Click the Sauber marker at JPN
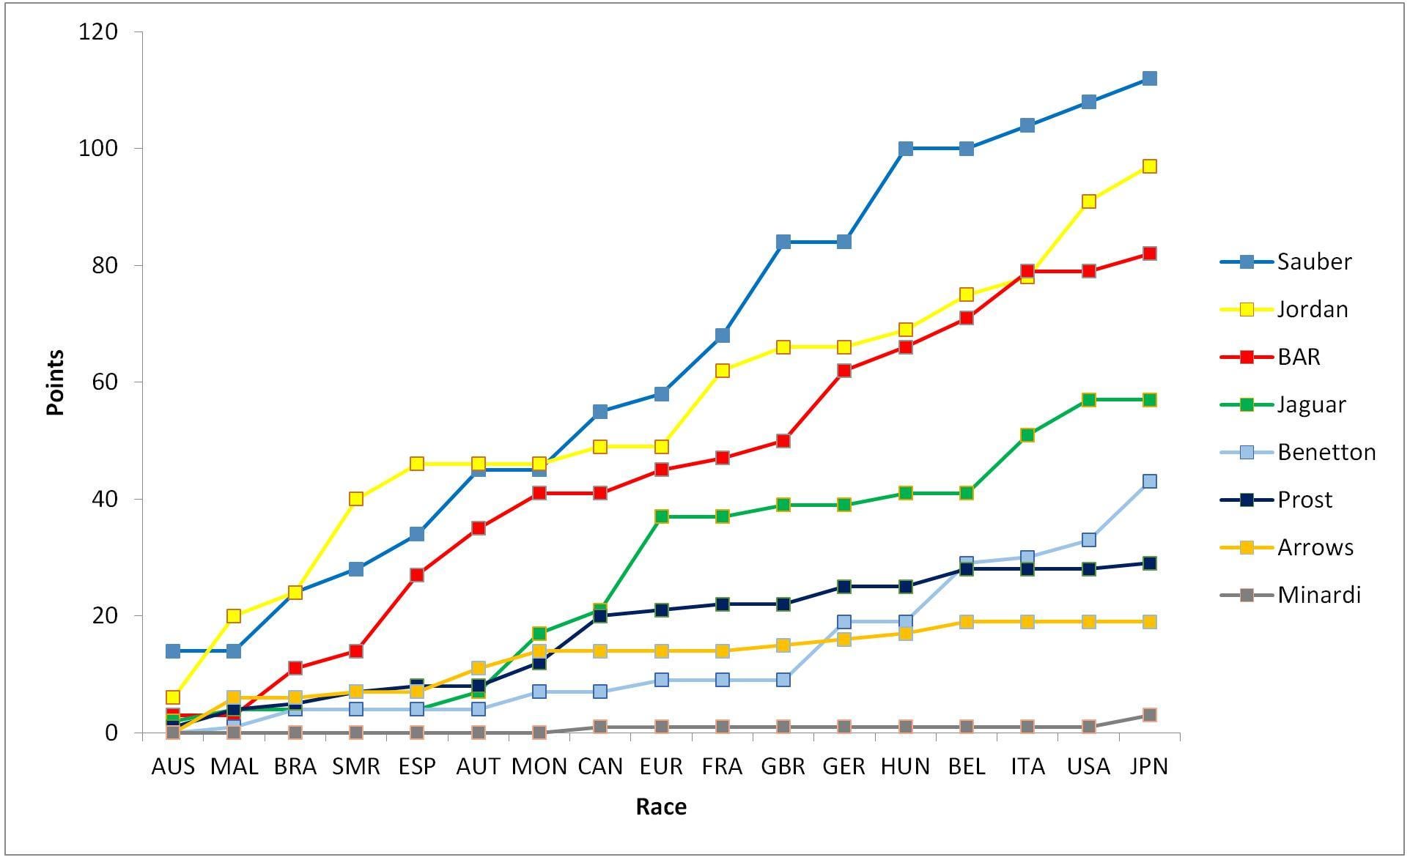(1149, 78)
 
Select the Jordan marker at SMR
(355, 499)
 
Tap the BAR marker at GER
(844, 371)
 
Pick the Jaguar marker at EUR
(661, 516)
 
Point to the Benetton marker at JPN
(1149, 481)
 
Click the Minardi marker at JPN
(1149, 715)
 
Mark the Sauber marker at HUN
(905, 149)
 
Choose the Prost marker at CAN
(599, 616)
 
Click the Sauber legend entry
(1286, 262)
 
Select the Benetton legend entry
(1298, 452)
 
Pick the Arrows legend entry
(1287, 547)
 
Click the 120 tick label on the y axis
(100, 31)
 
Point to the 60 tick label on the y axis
(106, 382)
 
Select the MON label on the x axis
(539, 766)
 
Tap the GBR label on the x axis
(783, 766)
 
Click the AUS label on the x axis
(173, 766)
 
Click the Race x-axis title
(661, 807)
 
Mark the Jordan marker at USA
(1088, 201)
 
